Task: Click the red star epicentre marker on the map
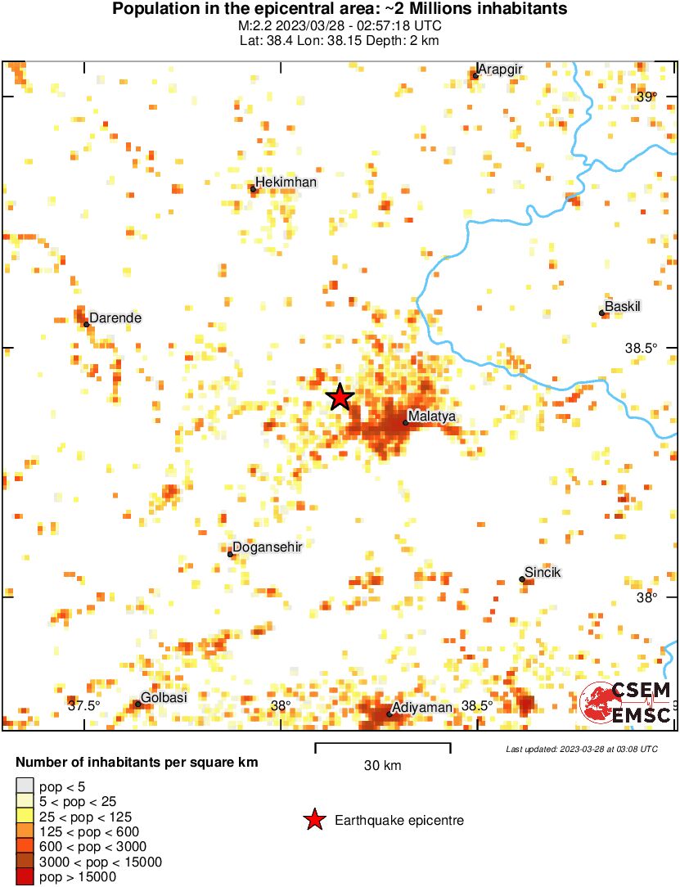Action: click(340, 398)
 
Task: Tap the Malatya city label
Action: click(431, 416)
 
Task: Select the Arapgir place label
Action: click(499, 69)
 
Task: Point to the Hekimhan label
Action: click(286, 182)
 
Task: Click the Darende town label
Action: click(115, 317)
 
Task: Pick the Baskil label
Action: click(622, 306)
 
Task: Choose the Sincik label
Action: click(543, 573)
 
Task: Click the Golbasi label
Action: click(164, 697)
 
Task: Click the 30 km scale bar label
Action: click(382, 766)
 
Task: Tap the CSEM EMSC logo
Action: click(626, 703)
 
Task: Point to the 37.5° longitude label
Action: click(83, 705)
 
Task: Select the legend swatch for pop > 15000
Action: click(25, 877)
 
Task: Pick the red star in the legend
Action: click(313, 820)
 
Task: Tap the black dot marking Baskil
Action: click(602, 313)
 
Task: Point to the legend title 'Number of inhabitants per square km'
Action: click(137, 763)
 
